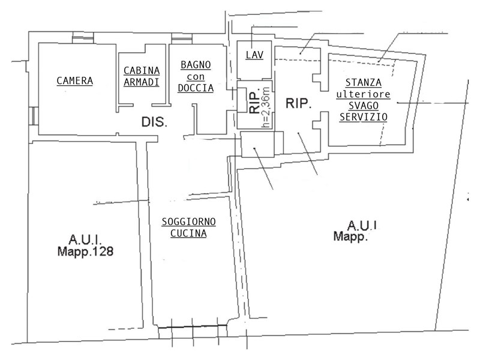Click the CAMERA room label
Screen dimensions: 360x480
point(74,80)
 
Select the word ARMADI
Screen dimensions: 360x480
point(142,82)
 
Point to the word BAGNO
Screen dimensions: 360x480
point(196,65)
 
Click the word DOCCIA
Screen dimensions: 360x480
point(196,88)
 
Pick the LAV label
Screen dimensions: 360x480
point(254,55)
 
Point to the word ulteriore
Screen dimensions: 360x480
point(363,94)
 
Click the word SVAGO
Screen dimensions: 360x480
point(363,106)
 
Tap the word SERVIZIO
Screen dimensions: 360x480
point(363,118)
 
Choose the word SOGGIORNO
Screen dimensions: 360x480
point(189,222)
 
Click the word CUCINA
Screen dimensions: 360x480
point(189,234)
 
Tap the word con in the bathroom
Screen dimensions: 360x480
point(196,77)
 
